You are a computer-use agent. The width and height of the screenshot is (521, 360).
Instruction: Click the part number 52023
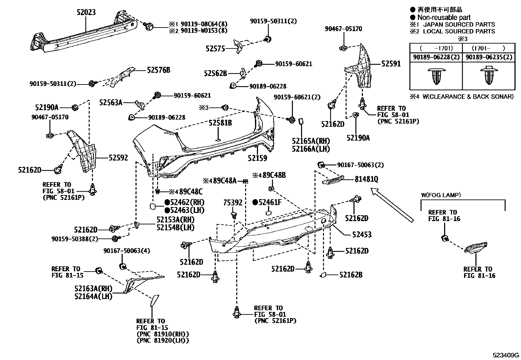point(86,12)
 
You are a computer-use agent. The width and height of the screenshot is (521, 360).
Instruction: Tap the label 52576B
point(158,70)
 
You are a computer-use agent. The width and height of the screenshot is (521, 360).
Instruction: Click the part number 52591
point(391,64)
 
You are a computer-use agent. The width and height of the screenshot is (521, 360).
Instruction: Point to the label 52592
point(118,158)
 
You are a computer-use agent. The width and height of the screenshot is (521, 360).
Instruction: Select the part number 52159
point(257,158)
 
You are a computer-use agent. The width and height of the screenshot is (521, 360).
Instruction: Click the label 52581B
point(220,123)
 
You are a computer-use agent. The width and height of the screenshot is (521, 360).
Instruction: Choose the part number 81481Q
point(367,179)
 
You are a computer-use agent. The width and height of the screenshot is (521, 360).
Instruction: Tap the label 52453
point(362,235)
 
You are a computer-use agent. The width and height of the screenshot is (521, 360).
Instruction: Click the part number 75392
point(233,203)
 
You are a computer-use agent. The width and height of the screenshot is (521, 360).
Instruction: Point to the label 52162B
point(350,275)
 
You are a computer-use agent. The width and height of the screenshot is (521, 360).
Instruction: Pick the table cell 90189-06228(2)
point(436,57)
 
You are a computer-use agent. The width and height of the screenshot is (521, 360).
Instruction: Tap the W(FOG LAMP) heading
point(441,195)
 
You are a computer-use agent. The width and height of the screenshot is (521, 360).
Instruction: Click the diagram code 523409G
point(506,355)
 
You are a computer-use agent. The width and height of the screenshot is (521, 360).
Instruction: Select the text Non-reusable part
point(443,17)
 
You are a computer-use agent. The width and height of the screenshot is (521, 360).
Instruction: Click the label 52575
point(215,49)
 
